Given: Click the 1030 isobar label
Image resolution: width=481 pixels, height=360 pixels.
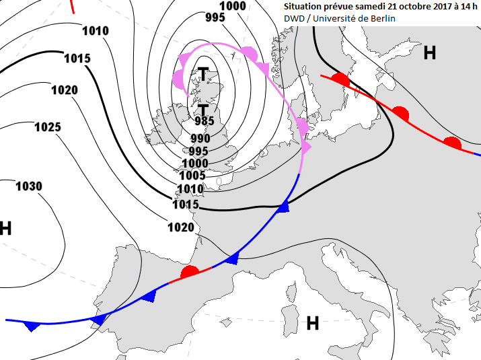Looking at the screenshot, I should coord(29,186).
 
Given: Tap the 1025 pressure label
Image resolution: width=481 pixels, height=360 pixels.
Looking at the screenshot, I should coord(48,127).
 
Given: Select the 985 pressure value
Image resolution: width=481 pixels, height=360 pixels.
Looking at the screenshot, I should coord(204,122).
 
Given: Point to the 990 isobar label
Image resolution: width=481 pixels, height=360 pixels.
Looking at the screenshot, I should coord(200,139).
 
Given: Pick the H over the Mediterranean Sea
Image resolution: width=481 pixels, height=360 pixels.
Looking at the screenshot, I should coord(313,324).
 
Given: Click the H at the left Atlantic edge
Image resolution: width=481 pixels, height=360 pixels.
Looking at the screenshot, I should coord(6,229).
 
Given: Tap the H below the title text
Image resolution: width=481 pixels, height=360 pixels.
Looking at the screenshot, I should coord(429,54).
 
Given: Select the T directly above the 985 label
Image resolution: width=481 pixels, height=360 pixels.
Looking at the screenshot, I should coord(202,108).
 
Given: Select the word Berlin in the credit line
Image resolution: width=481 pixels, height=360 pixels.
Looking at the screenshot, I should coord(382,18).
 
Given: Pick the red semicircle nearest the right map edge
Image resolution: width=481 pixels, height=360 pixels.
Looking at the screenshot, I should coord(452,143).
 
